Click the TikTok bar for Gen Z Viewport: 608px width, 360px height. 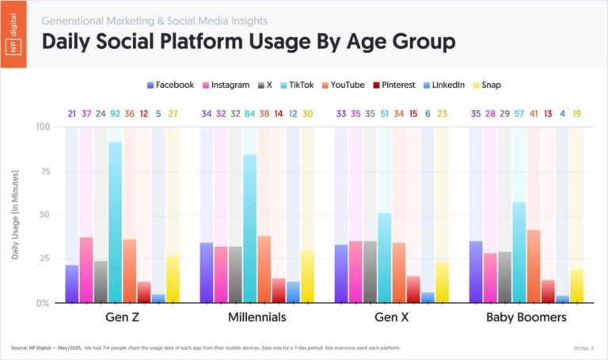coord(115,222)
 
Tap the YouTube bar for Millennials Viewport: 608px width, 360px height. coord(264,269)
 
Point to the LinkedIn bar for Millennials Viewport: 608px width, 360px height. coord(293,292)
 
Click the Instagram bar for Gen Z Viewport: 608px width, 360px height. coord(86,270)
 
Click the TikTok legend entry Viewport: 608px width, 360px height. coord(297,85)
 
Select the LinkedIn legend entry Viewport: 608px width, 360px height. coord(444,85)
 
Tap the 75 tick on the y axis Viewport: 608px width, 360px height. coord(44,171)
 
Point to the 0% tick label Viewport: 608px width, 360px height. coord(42,303)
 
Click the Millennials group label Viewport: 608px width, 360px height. coord(250,318)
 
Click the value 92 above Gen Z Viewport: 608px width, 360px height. coord(115,114)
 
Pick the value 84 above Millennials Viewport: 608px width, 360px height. coord(250,114)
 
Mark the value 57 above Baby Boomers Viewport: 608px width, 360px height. coord(519,114)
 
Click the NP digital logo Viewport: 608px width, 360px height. coord(14,34)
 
